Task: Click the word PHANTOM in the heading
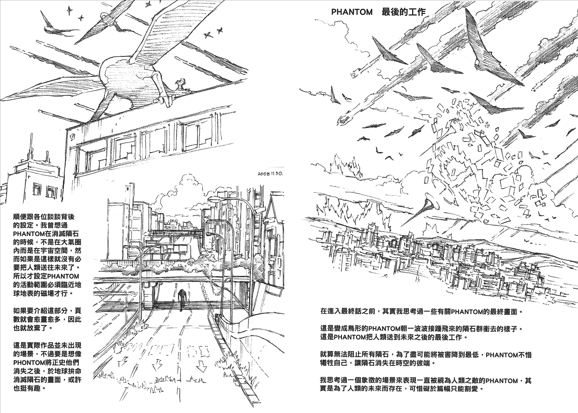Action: click(x=352, y=12)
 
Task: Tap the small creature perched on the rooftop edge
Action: click(x=180, y=85)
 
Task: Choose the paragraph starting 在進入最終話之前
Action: click(x=421, y=310)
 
